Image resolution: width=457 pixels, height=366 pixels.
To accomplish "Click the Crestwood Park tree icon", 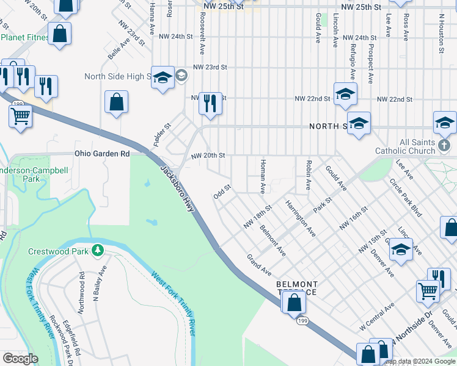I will click(x=97, y=250).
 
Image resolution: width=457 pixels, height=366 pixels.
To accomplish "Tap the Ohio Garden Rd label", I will click(x=103, y=154).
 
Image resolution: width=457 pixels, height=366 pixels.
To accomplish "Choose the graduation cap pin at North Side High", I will click(x=163, y=77).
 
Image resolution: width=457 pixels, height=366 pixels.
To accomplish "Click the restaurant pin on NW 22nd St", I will click(x=210, y=104).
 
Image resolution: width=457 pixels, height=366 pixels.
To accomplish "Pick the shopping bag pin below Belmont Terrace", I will click(x=294, y=302).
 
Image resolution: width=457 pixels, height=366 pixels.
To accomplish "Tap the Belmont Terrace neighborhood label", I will click(x=297, y=288).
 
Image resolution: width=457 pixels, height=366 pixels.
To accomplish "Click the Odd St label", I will click(x=221, y=192).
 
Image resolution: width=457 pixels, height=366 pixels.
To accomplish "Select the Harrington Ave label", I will click(x=300, y=217).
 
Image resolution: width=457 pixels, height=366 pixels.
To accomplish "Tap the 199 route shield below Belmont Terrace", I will click(x=301, y=320).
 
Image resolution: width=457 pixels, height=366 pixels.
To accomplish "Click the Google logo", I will click(x=20, y=358).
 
